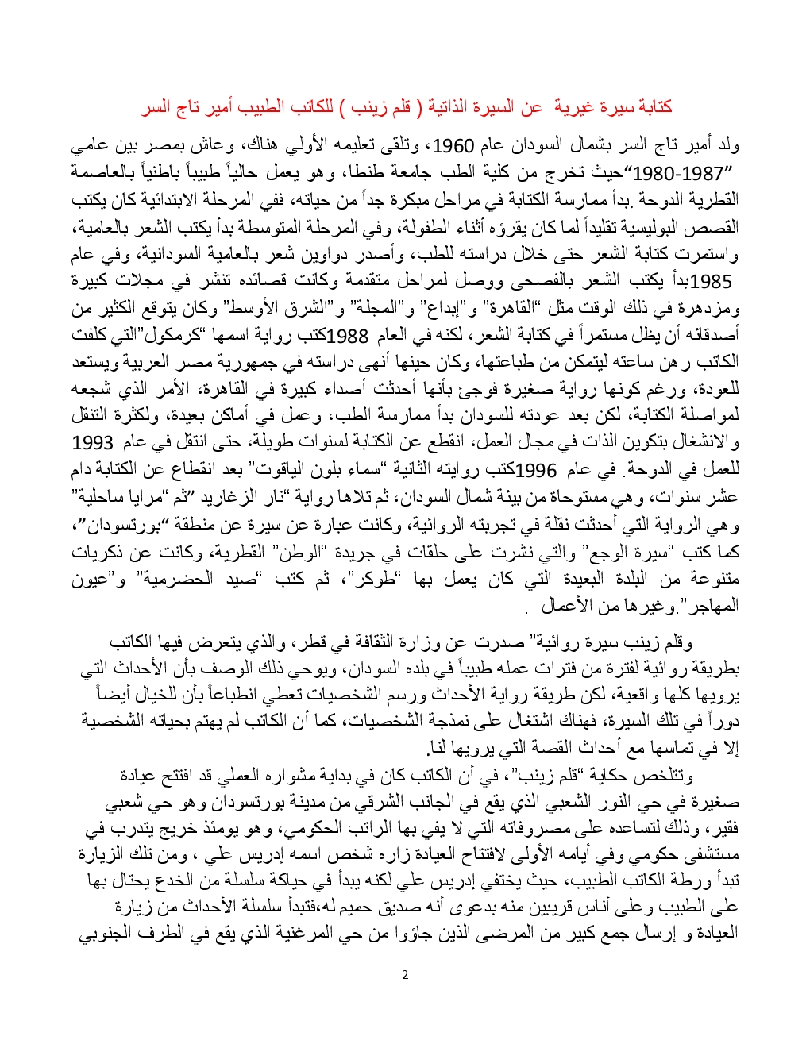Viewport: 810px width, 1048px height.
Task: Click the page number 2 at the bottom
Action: (405, 975)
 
